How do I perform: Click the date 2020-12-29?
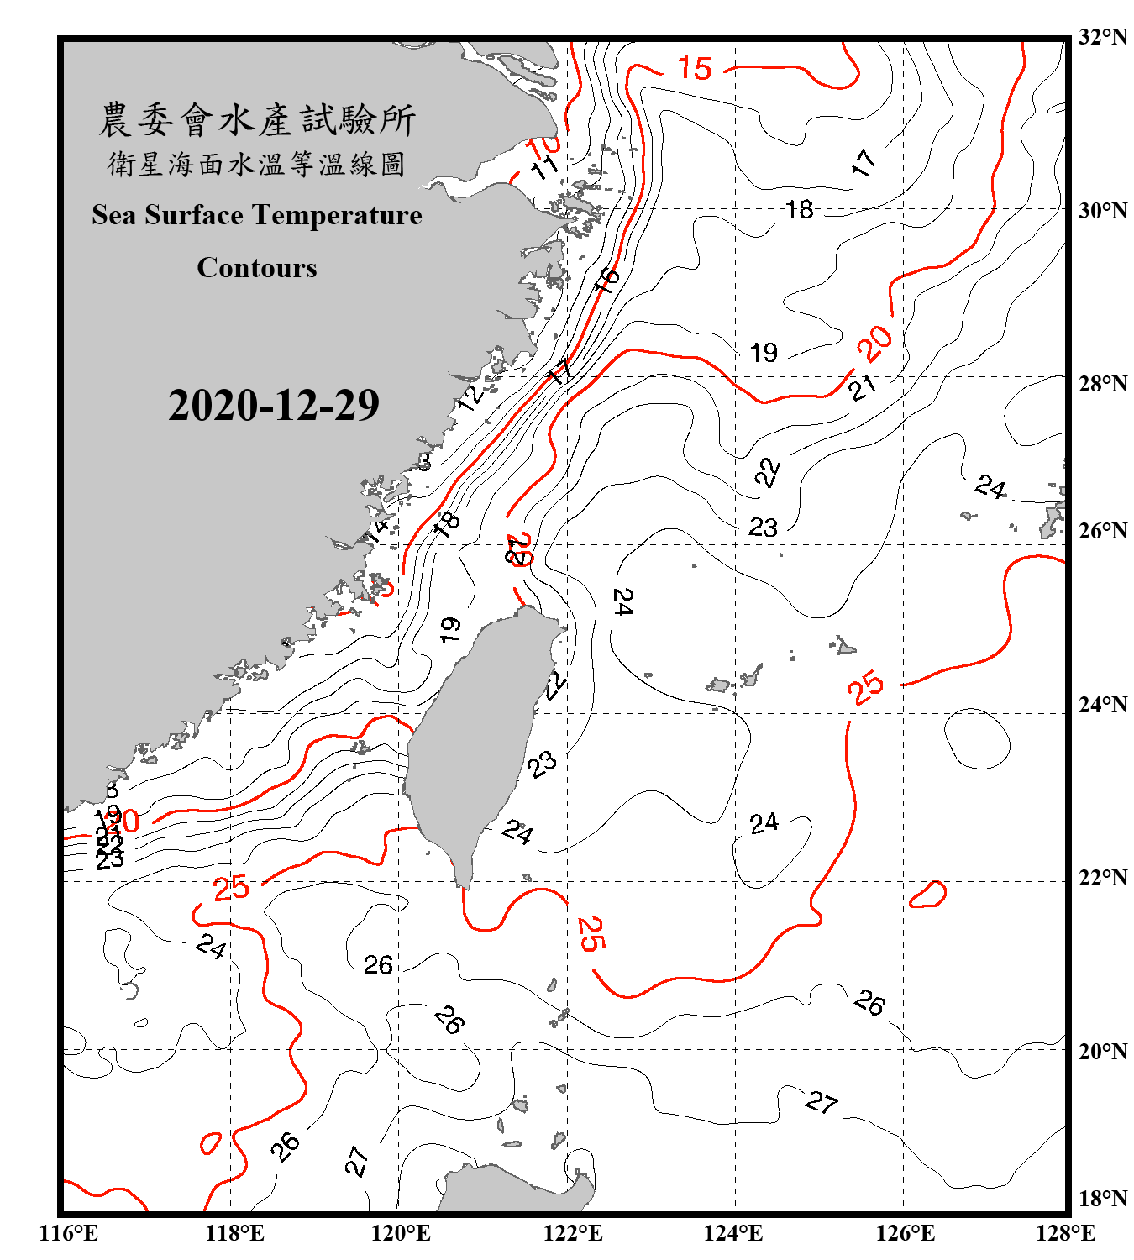point(274,406)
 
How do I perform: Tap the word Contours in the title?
point(257,268)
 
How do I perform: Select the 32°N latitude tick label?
point(1103,37)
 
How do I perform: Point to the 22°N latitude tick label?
point(1103,878)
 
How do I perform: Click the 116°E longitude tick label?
point(69,1233)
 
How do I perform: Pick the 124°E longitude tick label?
point(733,1233)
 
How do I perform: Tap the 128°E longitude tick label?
point(1065,1233)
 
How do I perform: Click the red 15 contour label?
point(695,68)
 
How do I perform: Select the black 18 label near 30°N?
point(800,209)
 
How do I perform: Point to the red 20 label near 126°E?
point(874,343)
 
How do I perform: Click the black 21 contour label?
point(863,387)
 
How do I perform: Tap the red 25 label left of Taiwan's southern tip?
point(231,888)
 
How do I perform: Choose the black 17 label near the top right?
point(864,162)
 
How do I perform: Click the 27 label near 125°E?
point(822,1102)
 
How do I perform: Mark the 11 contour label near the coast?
point(546,166)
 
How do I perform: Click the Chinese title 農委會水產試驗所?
point(257,120)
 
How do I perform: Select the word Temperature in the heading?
point(336,215)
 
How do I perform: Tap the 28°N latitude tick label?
point(1103,384)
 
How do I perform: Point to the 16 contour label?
point(606,280)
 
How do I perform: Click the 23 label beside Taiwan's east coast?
point(542,764)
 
